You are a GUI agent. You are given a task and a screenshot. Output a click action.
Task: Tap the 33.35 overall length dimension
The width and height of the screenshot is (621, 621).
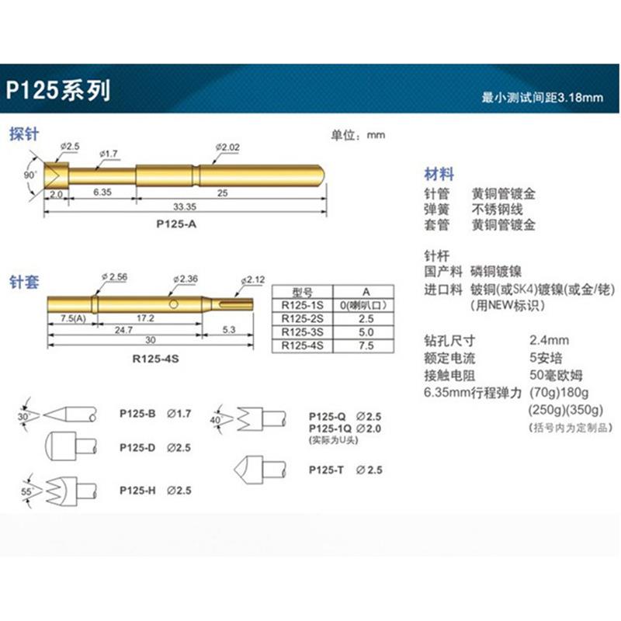point(184,206)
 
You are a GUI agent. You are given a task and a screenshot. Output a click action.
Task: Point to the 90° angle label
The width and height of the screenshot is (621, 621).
point(30,175)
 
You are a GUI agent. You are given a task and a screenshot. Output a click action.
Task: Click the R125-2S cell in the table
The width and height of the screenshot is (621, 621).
point(302,318)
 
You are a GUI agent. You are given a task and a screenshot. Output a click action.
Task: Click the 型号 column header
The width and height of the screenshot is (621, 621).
point(302,291)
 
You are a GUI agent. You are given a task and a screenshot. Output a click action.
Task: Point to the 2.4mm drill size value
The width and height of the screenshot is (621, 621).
point(550,340)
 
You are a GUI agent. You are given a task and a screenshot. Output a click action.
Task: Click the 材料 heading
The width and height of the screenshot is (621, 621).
point(439,175)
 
